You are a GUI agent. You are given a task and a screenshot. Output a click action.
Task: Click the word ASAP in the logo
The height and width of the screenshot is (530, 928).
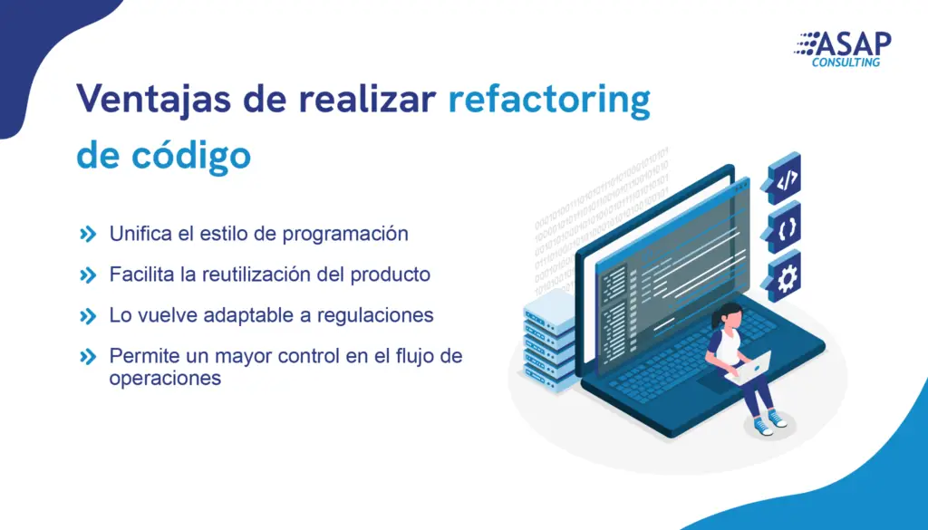(x=853, y=43)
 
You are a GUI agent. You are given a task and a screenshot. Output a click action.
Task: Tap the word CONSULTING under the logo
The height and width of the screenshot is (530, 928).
(x=846, y=63)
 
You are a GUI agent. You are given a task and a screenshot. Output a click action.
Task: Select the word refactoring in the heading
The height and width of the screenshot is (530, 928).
(x=549, y=100)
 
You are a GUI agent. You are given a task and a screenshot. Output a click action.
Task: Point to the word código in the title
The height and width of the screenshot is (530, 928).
(x=191, y=155)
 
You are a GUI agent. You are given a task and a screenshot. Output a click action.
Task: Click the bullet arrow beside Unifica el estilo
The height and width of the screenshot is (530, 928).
(x=88, y=235)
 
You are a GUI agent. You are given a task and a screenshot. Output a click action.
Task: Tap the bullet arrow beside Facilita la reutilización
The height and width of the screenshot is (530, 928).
(x=88, y=275)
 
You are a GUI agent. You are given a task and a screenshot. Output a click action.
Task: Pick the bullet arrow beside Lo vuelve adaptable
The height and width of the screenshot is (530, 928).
(x=88, y=316)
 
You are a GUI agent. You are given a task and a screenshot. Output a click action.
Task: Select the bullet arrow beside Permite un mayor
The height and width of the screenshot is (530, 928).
(x=88, y=357)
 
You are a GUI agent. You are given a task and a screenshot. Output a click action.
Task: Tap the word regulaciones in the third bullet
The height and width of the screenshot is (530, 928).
(x=375, y=315)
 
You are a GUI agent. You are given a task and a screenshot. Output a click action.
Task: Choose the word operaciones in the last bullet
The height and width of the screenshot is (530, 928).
(x=165, y=378)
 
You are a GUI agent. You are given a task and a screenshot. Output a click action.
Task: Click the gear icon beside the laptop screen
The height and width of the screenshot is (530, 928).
(x=785, y=277)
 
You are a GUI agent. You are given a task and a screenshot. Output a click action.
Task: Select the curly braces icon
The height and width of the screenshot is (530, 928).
(x=785, y=227)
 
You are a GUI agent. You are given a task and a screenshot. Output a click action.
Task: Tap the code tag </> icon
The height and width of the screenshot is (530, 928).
(x=785, y=178)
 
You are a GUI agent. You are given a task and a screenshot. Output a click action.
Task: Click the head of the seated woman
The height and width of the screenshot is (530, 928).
(x=730, y=315)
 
